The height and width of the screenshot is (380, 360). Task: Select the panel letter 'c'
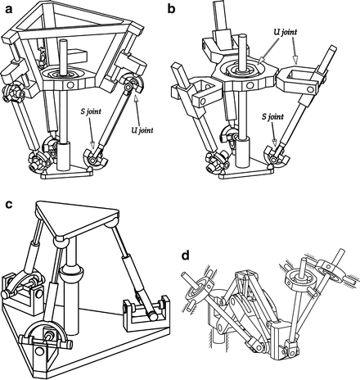[x=7, y=204]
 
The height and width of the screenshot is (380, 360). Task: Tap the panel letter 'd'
[x=187, y=256]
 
